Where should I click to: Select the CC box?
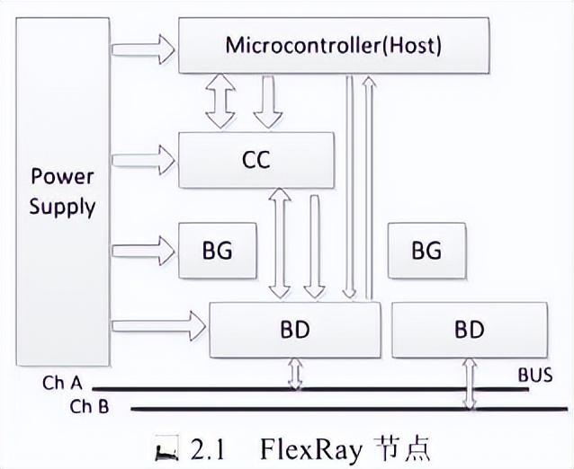pos(256,160)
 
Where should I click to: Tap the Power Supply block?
pos(61,190)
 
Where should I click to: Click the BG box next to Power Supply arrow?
pos(217,249)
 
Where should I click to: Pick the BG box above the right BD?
pos(426,249)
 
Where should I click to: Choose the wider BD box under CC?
pos(294,329)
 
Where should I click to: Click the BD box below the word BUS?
pos(469,329)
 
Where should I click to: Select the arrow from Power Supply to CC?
pos(142,160)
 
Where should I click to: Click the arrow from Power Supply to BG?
pos(142,249)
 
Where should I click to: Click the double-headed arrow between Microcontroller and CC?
pos(220,102)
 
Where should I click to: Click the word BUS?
pos(534,375)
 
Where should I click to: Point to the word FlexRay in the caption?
pos(307,446)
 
